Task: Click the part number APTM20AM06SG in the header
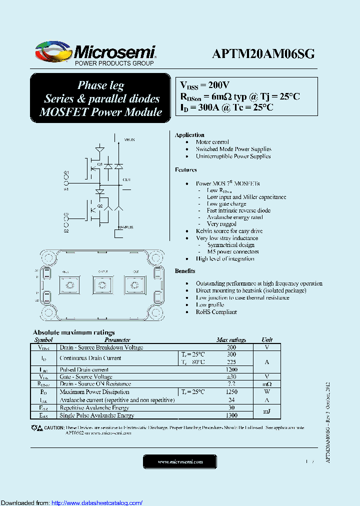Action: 263,54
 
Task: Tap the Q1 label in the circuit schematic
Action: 99,164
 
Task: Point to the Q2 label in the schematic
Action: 99,205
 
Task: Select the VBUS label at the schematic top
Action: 129,140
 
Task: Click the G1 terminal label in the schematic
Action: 66,172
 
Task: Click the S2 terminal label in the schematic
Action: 66,231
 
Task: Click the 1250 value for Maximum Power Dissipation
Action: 231,392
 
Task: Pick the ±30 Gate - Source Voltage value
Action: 231,376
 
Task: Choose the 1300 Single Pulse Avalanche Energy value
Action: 231,415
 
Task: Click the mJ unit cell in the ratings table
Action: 267,411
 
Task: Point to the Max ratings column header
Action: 231,339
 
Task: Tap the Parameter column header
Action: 117,339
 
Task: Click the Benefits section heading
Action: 185,271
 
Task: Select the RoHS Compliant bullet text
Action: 216,312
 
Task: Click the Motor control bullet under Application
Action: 212,142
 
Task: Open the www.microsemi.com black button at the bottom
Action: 180,461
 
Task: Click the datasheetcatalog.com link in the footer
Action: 97,502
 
